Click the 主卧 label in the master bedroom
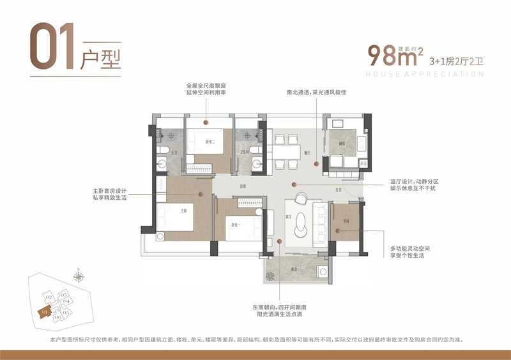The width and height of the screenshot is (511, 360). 183,210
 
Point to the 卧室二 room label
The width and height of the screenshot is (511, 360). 210,141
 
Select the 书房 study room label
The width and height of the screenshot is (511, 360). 346,221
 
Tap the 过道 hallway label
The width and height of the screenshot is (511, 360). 243,186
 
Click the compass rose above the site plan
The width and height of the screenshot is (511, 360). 78,276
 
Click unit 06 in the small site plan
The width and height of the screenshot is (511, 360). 57,317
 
